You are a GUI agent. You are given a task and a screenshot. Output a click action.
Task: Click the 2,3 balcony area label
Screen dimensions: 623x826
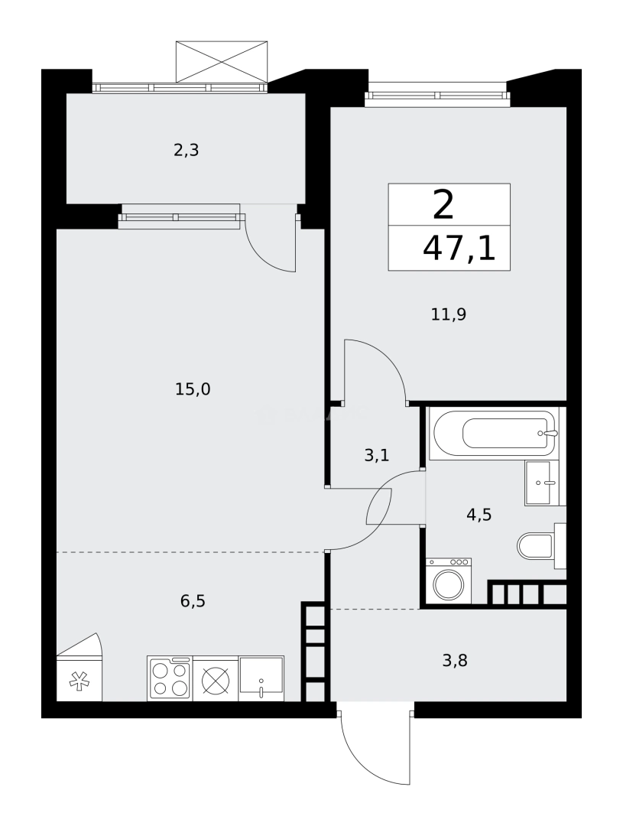pyautogui.click(x=186, y=151)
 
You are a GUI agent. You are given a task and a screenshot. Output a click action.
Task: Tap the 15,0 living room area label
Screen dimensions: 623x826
pyautogui.click(x=193, y=389)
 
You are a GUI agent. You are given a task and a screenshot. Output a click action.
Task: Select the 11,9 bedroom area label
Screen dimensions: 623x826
pyautogui.click(x=449, y=314)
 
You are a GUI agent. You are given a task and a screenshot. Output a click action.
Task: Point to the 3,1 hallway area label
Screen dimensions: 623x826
pyautogui.click(x=377, y=455)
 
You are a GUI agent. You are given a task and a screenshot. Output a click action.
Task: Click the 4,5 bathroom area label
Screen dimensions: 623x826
pyautogui.click(x=479, y=514)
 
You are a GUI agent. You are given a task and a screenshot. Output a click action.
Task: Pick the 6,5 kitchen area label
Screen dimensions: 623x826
pyautogui.click(x=193, y=600)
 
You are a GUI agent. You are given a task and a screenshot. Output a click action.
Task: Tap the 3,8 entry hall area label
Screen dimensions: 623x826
pyautogui.click(x=455, y=660)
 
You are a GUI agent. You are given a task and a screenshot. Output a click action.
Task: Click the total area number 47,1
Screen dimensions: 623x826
pyautogui.click(x=459, y=249)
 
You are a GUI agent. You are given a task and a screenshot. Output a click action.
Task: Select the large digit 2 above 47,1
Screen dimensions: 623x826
pyautogui.click(x=443, y=205)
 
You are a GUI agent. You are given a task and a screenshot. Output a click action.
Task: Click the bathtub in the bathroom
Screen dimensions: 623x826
pyautogui.click(x=492, y=434)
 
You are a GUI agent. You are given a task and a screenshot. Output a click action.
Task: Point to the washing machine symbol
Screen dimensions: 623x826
pyautogui.click(x=449, y=581)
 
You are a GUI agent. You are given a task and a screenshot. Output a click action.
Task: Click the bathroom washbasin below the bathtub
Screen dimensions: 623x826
pyautogui.click(x=544, y=483)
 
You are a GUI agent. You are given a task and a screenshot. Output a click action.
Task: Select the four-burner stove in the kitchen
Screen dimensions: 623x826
pyautogui.click(x=170, y=678)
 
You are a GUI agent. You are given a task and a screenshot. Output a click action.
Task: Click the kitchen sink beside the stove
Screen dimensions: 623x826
pyautogui.click(x=261, y=678)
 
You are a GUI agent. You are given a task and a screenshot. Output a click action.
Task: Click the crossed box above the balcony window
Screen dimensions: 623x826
pyautogui.click(x=222, y=62)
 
